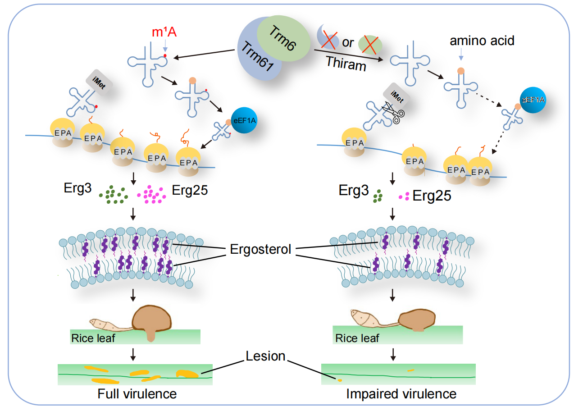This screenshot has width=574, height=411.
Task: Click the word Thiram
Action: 346,64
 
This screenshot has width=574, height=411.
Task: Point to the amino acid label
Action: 482,41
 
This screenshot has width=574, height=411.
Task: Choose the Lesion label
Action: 265,356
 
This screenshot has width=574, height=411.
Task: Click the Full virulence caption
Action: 137,394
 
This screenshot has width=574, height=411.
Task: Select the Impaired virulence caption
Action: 401,394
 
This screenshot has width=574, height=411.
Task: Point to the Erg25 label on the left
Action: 190,190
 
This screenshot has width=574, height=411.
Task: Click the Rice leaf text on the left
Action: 93,338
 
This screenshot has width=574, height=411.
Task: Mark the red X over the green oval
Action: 372,44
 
